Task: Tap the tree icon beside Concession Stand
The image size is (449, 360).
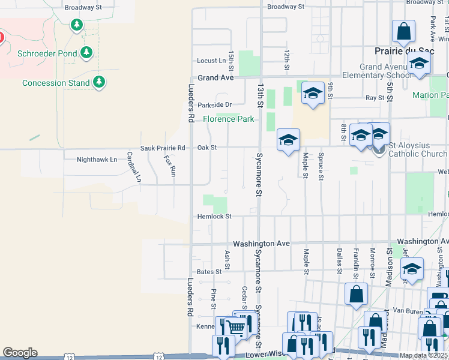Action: pyautogui.click(x=100, y=82)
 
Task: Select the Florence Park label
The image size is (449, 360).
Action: pyautogui.click(x=228, y=119)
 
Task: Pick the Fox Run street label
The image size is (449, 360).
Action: pyautogui.click(x=170, y=166)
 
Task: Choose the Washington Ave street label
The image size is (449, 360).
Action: pyautogui.click(x=261, y=244)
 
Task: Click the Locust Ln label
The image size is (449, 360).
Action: pyautogui.click(x=211, y=61)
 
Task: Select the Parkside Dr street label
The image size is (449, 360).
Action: pyautogui.click(x=214, y=104)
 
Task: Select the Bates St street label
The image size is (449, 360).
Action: pyautogui.click(x=209, y=272)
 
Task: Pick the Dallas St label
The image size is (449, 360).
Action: pyautogui.click(x=339, y=258)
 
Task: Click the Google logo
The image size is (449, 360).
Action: pyautogui.click(x=20, y=353)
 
